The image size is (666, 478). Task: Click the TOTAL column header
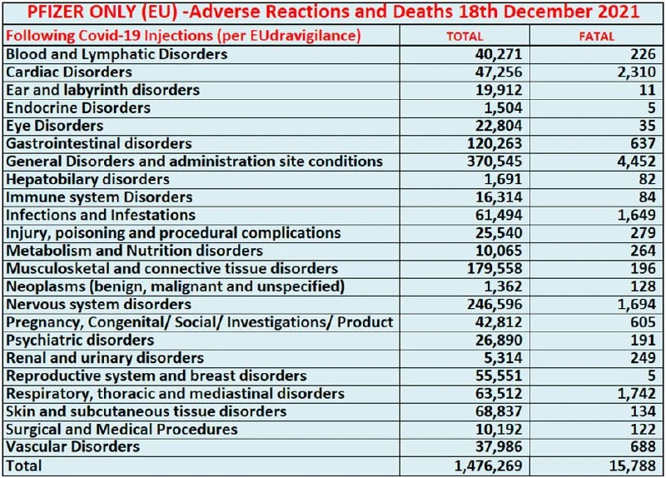[465, 37]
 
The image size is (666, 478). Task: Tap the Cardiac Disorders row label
[68, 72]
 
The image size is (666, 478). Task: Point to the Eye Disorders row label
[55, 126]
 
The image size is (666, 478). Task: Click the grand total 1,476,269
[486, 466]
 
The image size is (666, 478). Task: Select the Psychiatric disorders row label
[80, 341]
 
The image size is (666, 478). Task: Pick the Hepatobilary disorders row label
[87, 180]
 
